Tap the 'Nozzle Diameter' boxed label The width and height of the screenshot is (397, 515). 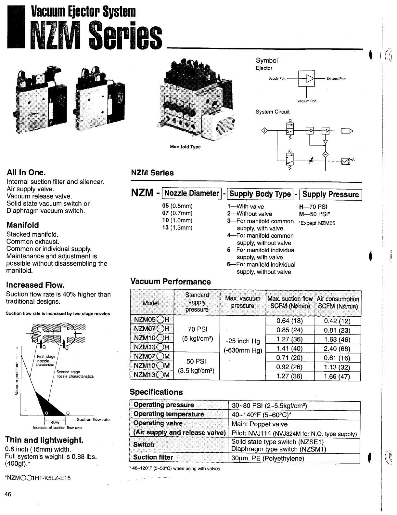pos(192,193)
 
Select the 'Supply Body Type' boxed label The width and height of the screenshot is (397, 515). pos(260,194)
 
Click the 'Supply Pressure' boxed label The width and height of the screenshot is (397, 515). pos(330,194)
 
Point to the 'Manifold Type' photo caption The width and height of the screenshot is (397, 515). pos(185,147)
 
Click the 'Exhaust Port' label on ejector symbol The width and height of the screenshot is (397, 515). pos(336,79)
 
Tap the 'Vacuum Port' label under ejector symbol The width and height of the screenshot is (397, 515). pos(307,101)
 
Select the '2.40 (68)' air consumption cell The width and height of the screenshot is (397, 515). pos(337,349)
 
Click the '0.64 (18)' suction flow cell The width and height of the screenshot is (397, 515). pos(289,321)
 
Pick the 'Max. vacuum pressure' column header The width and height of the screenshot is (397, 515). pos(243,302)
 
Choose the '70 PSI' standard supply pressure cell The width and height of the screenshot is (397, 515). pos(197,329)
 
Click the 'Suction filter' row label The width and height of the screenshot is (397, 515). pos(153,457)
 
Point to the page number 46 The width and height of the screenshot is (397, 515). pos(8,495)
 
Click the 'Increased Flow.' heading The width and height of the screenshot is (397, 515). pos(35,285)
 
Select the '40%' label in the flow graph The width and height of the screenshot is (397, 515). pos(55,422)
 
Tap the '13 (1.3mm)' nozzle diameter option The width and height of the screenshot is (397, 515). pos(177,228)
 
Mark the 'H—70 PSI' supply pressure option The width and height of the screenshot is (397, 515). pos(313,207)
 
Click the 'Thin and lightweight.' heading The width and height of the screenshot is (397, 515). pos(45,440)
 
